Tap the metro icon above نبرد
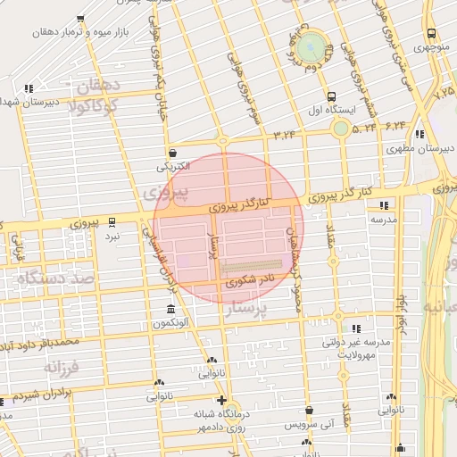[x=112, y=223]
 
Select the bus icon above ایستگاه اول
[x=332, y=96]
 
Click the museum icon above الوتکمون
[x=170, y=310]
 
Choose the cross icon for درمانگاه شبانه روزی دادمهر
[x=221, y=401]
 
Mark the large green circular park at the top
[x=309, y=46]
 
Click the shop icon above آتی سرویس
[x=309, y=411]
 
